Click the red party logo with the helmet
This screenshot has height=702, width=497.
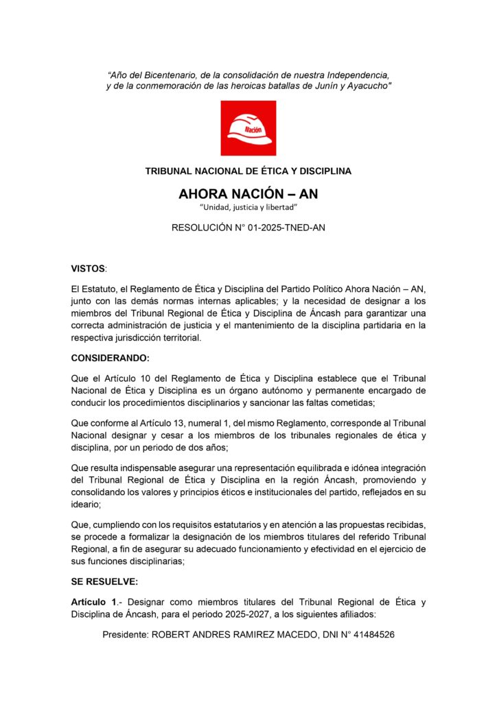[248, 128]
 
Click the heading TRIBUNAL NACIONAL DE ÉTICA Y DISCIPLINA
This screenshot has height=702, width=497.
[248, 171]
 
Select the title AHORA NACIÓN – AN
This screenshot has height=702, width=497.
[248, 194]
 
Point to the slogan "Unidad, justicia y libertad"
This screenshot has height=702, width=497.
[248, 207]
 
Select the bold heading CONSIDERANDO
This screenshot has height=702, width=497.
[110, 358]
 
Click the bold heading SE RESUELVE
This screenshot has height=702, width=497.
[104, 581]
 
